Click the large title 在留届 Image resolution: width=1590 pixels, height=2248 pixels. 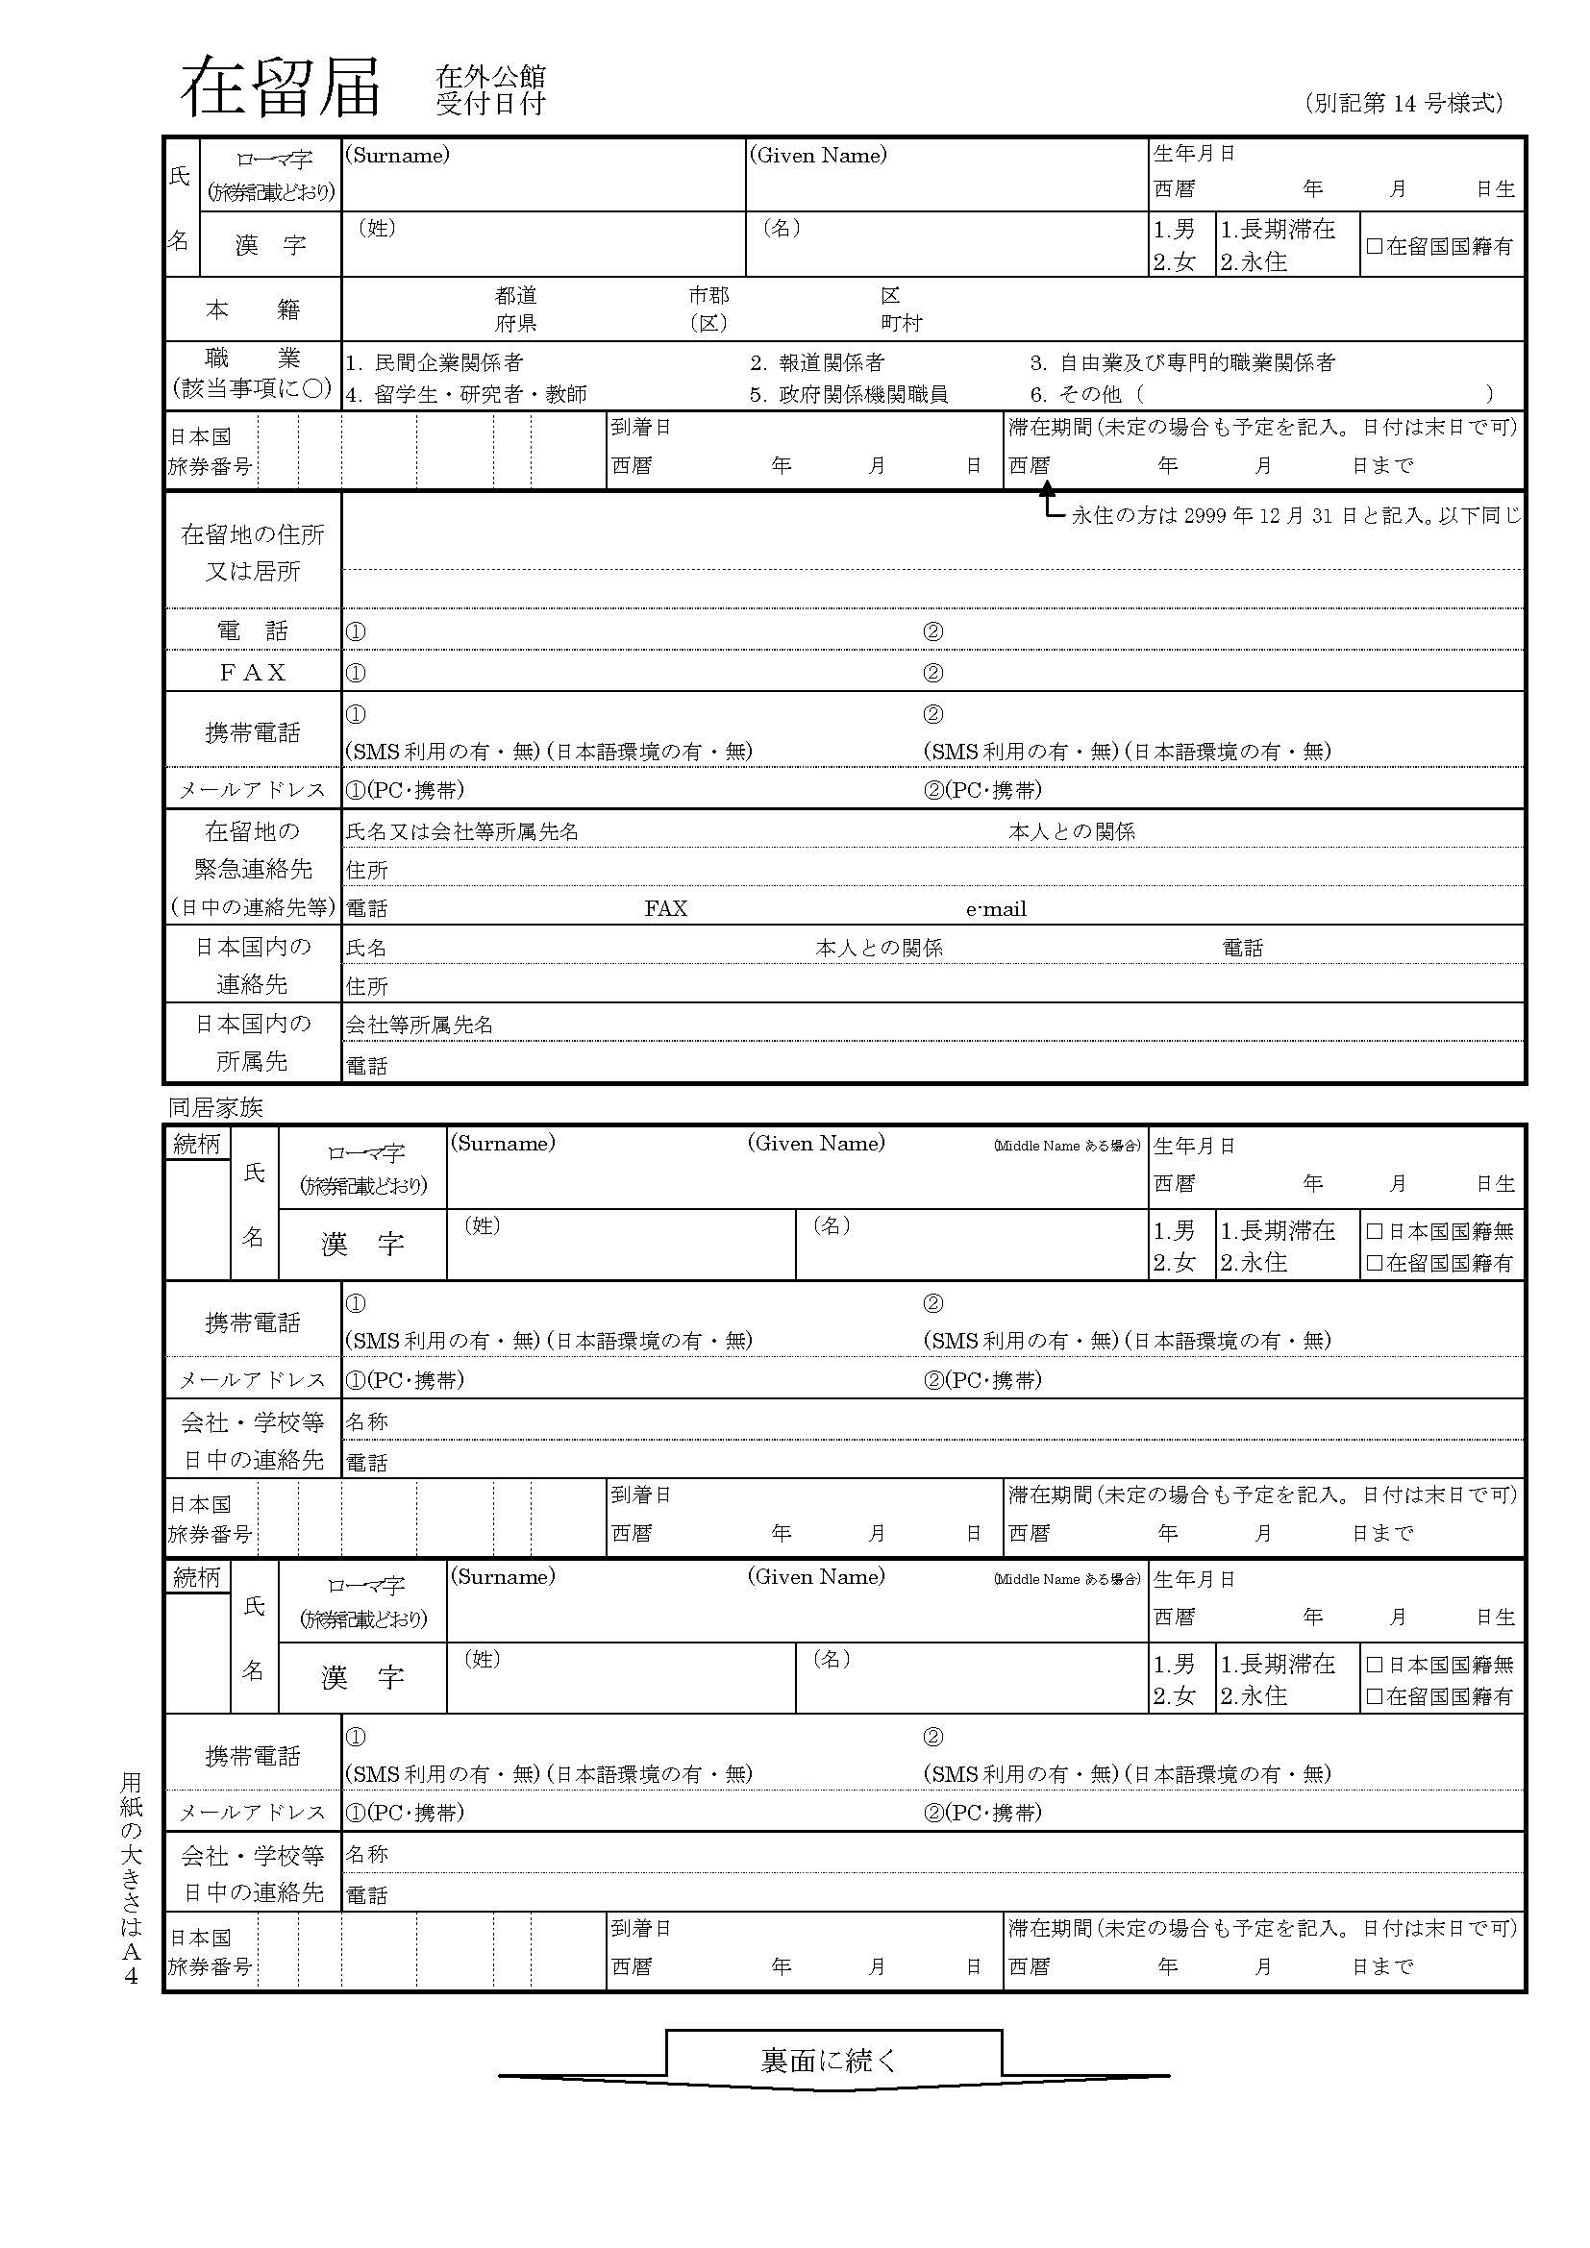pos(280,88)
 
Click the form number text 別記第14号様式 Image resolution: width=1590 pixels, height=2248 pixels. pos(1403,103)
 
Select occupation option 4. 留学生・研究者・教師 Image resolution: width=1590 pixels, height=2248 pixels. pos(466,395)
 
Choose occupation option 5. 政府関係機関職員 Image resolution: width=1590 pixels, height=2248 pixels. pos(849,395)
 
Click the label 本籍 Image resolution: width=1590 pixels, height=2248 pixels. pos(253,310)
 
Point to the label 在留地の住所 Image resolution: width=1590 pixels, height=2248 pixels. pos(253,534)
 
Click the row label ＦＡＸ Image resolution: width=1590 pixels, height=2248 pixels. pos(253,673)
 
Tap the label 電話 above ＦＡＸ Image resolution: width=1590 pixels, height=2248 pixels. pos(253,630)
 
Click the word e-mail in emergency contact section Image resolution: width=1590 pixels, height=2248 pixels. pos(996,909)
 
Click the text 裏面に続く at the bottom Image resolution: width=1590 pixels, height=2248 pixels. pos(829,2060)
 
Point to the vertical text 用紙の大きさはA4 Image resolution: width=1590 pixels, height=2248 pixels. pos(131,1879)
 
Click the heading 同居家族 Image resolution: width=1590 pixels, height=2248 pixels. pos(215,1107)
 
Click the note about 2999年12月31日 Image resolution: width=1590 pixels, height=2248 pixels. pos(1295,516)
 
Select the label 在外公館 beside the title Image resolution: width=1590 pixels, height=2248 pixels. pos(490,76)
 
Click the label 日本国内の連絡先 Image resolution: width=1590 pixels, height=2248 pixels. pos(253,965)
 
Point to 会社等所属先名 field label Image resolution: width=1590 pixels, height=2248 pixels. pos(419,1025)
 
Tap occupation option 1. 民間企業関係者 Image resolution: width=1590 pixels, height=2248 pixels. pos(434,363)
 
